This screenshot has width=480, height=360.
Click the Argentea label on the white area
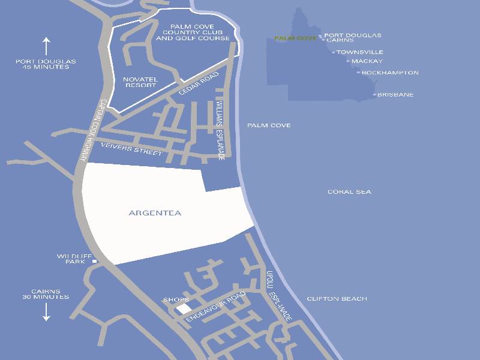(x=155, y=213)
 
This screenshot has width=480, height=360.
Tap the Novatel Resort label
(x=139, y=82)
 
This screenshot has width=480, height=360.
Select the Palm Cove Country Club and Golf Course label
(x=193, y=32)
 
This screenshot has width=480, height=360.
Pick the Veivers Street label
(x=131, y=149)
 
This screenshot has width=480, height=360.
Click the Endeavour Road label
(x=216, y=307)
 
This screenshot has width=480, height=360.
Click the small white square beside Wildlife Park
(x=95, y=262)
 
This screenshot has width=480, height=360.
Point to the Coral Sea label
(x=349, y=192)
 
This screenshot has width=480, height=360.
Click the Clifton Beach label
(x=337, y=299)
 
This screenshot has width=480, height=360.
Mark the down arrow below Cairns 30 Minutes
(x=46, y=311)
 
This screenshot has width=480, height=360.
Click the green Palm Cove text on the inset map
(x=295, y=38)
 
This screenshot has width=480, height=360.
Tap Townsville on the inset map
(x=359, y=52)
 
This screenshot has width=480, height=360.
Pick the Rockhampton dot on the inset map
(x=359, y=73)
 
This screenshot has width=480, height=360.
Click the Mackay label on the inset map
(x=367, y=61)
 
